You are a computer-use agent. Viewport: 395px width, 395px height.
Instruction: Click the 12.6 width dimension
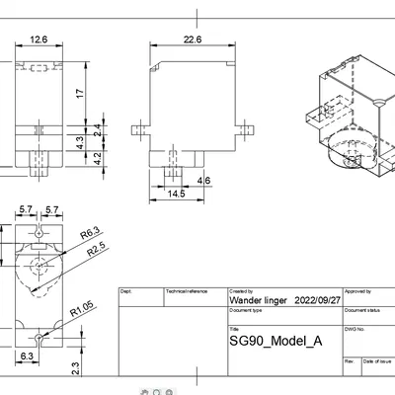tap(39, 39)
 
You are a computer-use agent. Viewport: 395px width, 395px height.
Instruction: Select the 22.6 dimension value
tap(193, 39)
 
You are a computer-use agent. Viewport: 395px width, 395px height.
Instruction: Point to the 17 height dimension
tap(79, 91)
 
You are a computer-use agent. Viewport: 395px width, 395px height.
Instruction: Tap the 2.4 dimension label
tap(96, 128)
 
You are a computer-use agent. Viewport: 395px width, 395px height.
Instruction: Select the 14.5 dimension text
tap(177, 195)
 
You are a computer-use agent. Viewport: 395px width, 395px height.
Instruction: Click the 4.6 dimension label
tap(204, 181)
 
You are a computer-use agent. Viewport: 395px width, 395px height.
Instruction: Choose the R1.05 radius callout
tap(81, 312)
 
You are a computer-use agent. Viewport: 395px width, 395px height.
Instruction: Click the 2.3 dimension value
tap(77, 366)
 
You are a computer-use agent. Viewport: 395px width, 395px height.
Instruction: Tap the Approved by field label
tap(357, 292)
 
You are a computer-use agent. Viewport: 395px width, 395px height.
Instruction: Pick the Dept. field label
tap(125, 292)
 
